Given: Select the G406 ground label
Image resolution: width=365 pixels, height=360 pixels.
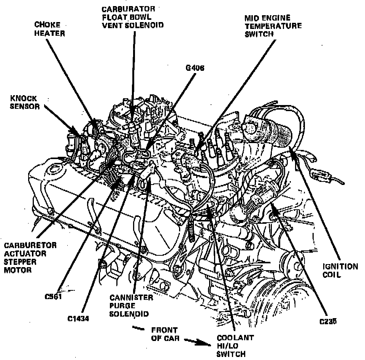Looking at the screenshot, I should (195, 68).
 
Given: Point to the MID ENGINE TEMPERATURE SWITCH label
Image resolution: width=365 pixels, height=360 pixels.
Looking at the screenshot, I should (273, 26).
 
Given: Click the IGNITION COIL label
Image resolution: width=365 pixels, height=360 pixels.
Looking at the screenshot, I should (340, 271).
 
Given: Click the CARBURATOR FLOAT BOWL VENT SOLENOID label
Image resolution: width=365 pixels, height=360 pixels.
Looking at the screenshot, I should (133, 17).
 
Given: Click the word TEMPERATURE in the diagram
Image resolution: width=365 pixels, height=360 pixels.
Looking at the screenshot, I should (273, 26).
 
